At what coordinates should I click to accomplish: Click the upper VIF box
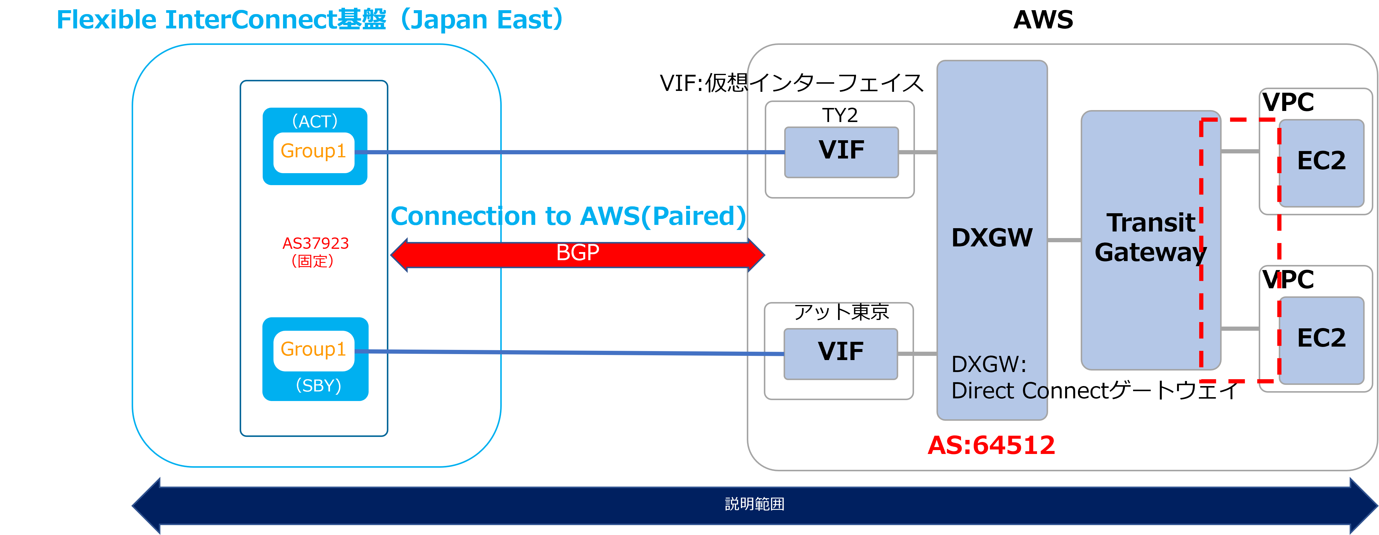click(x=841, y=152)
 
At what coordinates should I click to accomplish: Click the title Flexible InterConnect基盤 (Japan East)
click(x=309, y=20)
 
